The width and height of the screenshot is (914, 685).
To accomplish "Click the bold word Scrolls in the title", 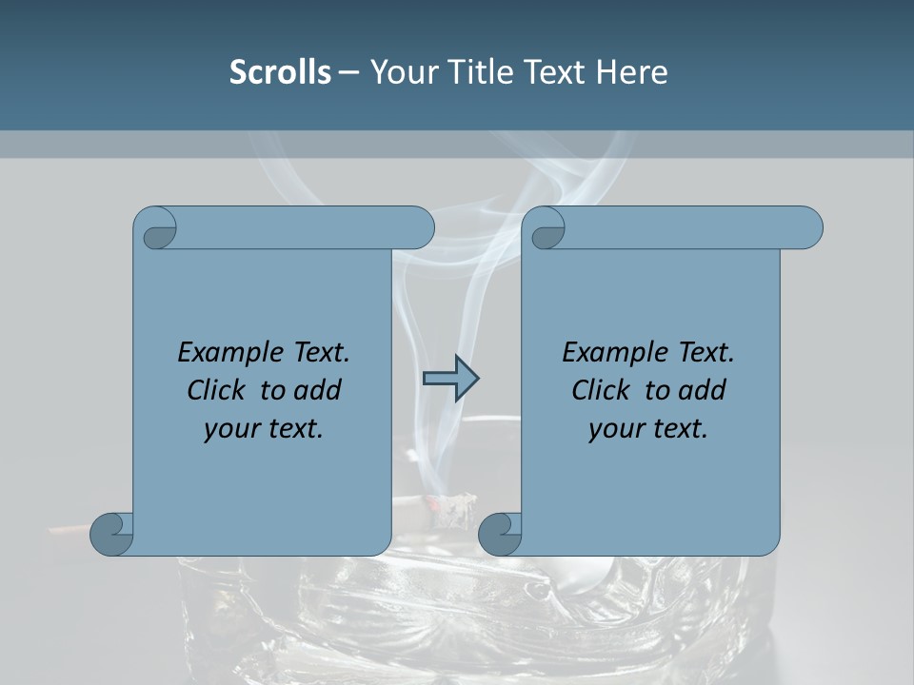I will pos(280,72).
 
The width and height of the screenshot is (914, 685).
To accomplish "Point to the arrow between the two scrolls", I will pos(450,379).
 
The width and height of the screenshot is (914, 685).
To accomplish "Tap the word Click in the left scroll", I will pos(209,390).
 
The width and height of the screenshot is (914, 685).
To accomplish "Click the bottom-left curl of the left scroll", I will pos(111,535).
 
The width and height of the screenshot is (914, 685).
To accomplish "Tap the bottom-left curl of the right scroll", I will pos(500,535).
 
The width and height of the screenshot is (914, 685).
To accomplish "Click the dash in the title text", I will pos(349,72).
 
